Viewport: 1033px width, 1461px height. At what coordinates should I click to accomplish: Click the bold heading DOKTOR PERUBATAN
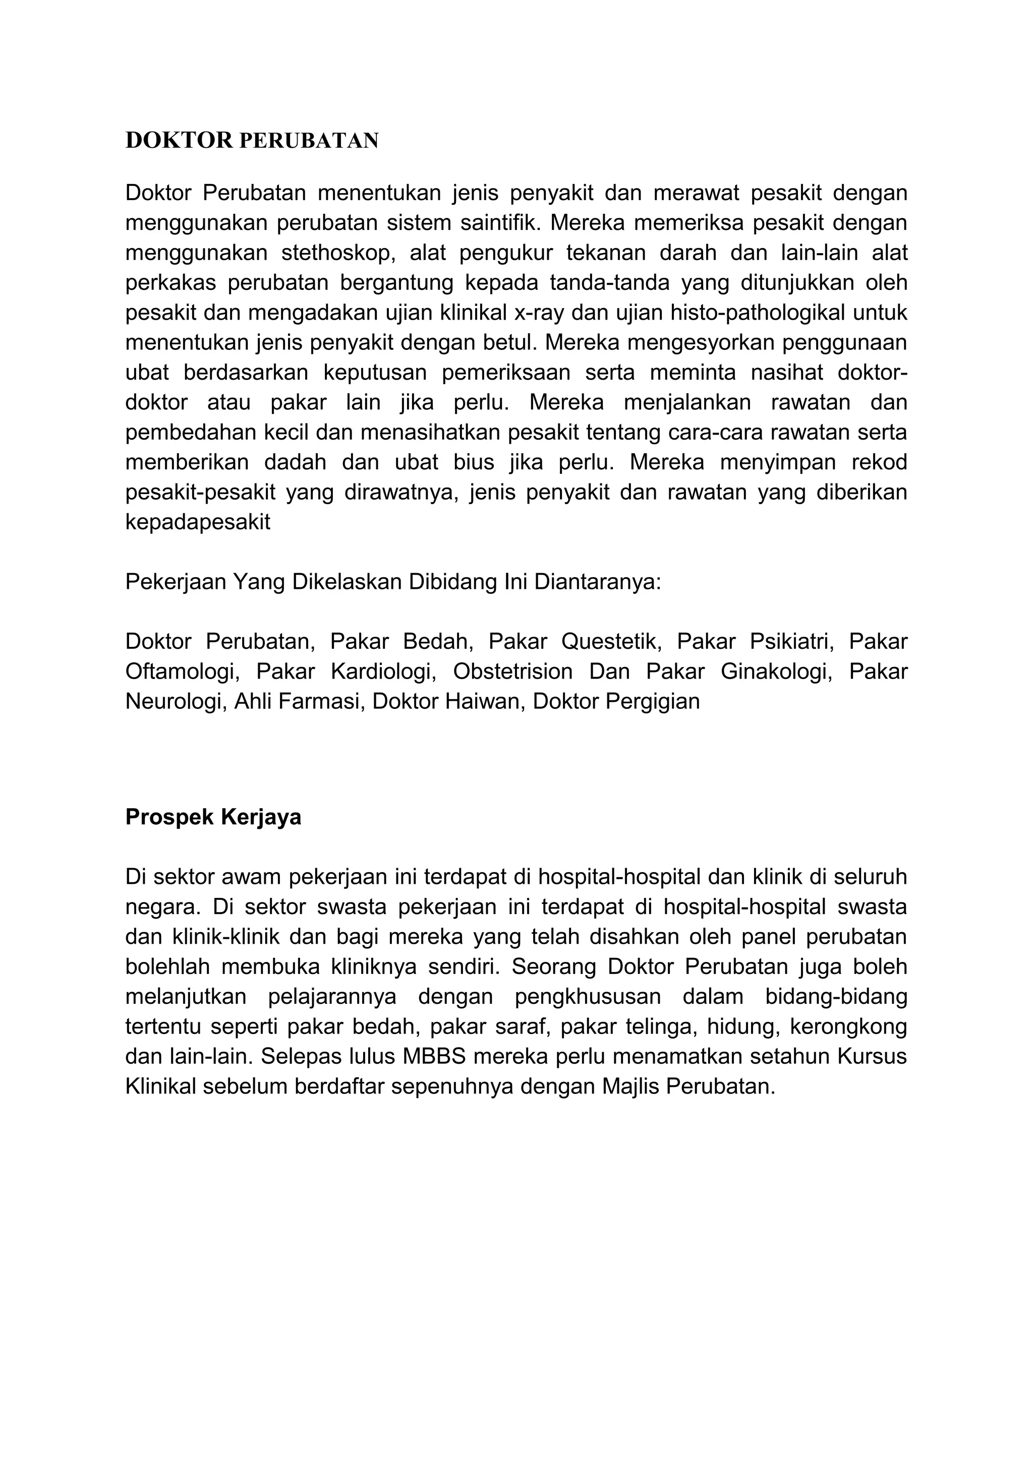tap(252, 141)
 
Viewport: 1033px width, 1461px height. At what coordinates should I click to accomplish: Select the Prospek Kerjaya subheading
tap(213, 817)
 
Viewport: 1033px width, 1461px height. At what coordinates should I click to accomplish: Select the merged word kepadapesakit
tap(198, 522)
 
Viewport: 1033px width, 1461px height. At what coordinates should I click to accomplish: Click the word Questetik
tap(611, 641)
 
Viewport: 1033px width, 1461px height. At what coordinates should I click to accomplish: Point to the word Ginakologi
tap(776, 672)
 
